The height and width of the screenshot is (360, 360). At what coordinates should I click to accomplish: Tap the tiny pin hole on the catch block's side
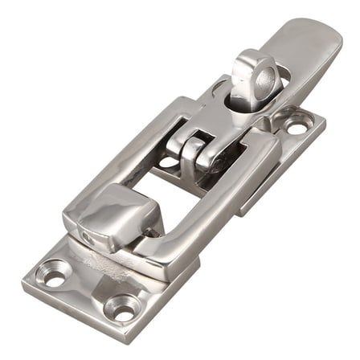pyautogui.click(x=86, y=238)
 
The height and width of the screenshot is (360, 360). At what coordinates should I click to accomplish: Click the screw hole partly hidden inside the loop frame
pyautogui.click(x=168, y=162)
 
